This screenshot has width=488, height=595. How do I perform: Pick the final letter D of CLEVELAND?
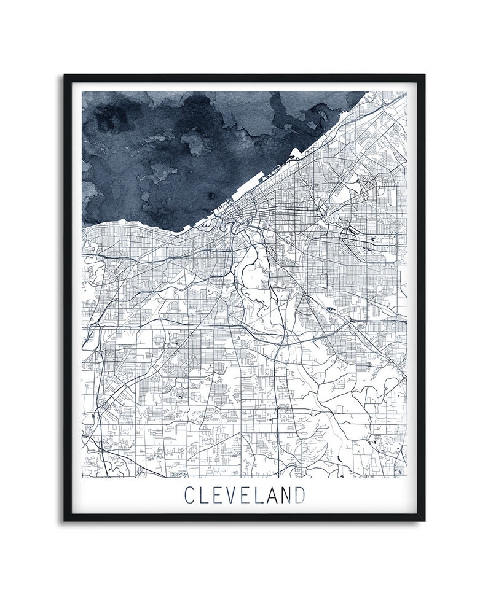pos(299,494)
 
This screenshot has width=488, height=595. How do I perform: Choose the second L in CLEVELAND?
pos(255,494)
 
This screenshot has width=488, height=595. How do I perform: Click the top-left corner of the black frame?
pos(65,76)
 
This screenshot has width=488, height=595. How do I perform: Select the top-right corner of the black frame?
pos(423,76)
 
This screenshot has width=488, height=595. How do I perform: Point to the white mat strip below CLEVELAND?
pos(244,512)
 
